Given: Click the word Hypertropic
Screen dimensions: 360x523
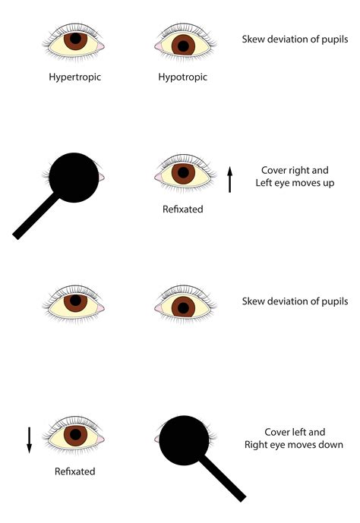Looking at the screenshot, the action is point(74,77).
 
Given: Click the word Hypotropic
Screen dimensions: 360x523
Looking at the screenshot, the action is point(182,77).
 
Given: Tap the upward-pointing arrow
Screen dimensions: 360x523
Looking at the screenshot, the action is point(229,180).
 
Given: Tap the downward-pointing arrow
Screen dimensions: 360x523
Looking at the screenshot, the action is point(29,440).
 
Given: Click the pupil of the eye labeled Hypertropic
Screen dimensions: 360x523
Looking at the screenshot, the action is point(75,39).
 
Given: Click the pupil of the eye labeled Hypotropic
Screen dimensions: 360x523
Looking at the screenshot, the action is point(183,46).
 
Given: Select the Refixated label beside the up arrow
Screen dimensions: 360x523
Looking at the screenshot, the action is point(182,210).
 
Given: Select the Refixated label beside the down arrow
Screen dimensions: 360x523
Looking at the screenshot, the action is point(74,471).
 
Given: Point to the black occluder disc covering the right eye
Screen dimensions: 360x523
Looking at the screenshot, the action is point(74,178).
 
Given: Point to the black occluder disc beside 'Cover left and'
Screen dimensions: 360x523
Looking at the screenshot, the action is point(184,440).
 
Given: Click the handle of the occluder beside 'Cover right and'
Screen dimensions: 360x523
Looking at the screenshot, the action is point(36,216).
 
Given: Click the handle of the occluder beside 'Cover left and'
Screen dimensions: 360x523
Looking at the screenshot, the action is point(223,479).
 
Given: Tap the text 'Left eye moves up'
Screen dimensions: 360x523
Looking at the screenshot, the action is point(295,183).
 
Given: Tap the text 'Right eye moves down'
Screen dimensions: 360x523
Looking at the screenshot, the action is point(294,445).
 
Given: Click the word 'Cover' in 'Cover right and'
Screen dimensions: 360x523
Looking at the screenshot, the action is point(273,170).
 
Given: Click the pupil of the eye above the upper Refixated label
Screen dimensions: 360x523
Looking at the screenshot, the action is point(183,172).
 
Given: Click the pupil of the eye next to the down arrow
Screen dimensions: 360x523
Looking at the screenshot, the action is point(75,434).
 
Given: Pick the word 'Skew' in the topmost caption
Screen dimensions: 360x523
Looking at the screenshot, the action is point(253,39).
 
